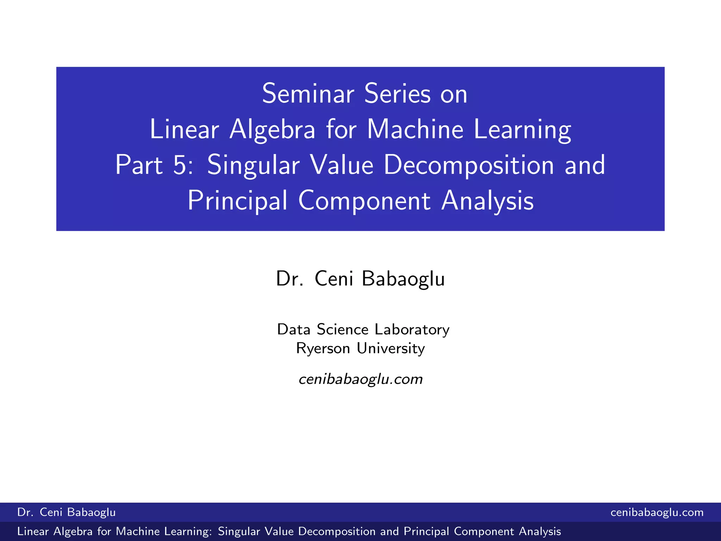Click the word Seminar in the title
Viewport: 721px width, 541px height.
(308, 94)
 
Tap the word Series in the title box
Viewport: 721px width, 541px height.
(397, 94)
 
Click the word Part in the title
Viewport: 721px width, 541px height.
(139, 165)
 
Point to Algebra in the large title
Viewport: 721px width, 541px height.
(272, 130)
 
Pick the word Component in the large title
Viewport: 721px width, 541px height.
(364, 201)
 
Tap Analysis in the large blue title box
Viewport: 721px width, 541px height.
(487, 201)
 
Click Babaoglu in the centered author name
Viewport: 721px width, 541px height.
(403, 279)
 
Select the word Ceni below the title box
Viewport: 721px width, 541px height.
(334, 279)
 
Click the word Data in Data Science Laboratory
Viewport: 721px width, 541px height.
(294, 330)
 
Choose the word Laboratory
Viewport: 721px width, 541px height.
(412, 330)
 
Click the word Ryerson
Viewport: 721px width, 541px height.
(323, 348)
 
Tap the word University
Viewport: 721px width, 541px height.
(391, 348)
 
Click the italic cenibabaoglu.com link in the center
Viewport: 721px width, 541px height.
(360, 379)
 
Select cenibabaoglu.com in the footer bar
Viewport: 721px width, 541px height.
(657, 512)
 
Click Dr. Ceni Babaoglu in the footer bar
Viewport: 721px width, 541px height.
(67, 512)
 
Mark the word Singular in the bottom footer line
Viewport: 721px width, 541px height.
(238, 531)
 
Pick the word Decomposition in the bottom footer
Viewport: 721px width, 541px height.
(337, 531)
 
